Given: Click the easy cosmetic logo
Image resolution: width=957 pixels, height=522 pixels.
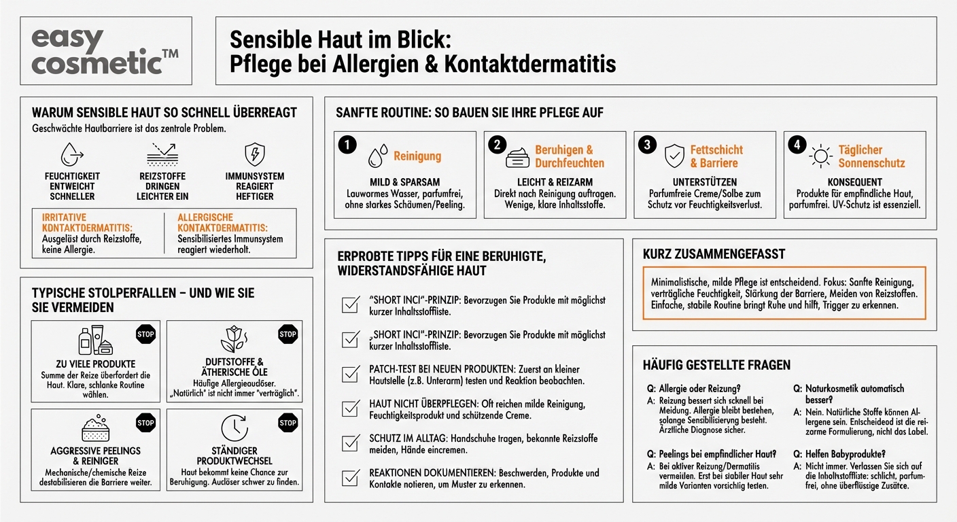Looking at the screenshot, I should click(105, 51).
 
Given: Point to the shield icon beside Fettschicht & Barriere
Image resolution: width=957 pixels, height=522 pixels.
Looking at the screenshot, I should click(674, 156).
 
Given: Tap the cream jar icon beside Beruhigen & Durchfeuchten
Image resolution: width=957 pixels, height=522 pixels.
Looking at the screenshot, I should click(517, 157).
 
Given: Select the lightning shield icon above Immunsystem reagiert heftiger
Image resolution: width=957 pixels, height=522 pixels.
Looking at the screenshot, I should click(254, 154).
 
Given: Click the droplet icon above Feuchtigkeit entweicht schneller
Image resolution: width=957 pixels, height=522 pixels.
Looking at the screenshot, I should click(71, 154).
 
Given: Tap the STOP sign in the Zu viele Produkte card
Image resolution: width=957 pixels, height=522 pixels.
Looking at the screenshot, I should click(145, 334).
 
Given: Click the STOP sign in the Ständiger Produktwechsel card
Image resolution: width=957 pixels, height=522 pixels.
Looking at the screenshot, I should click(288, 423).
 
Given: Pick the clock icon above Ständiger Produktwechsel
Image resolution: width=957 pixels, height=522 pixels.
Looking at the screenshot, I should click(234, 428).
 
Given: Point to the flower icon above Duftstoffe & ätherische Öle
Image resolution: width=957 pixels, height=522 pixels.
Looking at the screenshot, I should click(234, 339).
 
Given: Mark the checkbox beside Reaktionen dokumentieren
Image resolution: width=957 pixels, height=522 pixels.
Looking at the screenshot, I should click(351, 478).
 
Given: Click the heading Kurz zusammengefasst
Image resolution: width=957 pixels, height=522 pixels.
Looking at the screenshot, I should click(714, 254).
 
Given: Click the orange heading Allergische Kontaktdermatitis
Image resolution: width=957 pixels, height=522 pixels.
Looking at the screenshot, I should click(222, 222).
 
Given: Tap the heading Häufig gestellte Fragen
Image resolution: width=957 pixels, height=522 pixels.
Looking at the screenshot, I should click(716, 365).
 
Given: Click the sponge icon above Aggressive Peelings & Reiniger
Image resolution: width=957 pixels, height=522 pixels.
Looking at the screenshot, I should click(95, 428).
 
